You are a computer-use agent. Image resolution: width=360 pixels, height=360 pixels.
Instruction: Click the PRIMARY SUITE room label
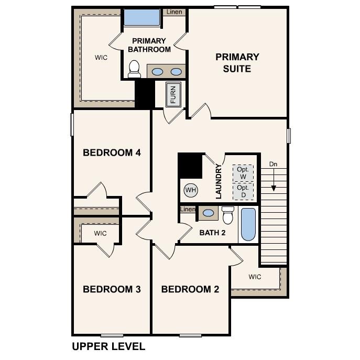(x=237, y=63)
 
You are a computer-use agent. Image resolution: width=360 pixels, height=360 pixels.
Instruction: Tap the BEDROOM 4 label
(x=112, y=153)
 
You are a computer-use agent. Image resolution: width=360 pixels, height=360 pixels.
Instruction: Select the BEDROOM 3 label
(x=112, y=289)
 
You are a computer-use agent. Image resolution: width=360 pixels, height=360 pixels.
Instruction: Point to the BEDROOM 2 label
(x=190, y=289)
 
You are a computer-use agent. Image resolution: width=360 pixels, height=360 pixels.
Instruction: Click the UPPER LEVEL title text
(x=108, y=346)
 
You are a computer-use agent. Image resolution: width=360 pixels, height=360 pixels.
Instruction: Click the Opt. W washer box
(x=243, y=173)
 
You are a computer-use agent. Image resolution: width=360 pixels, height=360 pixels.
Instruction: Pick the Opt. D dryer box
(x=243, y=191)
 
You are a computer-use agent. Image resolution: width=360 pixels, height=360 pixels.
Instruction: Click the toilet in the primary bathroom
(x=135, y=69)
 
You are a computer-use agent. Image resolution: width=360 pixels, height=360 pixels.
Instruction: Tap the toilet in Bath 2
(x=228, y=215)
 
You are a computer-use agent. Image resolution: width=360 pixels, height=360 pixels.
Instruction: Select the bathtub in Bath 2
(x=248, y=224)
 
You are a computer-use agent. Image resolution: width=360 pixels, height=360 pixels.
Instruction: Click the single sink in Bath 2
(x=209, y=213)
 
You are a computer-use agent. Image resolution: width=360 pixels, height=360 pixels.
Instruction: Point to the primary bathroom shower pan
(x=141, y=17)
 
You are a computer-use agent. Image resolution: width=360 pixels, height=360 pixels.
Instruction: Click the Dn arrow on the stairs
(x=273, y=181)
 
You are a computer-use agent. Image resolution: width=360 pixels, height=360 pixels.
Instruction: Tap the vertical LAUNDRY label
(x=219, y=181)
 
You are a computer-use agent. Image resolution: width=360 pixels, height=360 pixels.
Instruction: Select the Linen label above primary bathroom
(x=174, y=12)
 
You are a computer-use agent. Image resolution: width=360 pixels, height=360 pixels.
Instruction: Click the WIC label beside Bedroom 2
(x=255, y=277)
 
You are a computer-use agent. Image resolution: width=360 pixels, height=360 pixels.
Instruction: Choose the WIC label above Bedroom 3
(x=101, y=233)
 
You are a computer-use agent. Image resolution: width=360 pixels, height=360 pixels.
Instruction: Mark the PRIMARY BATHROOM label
(x=149, y=45)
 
